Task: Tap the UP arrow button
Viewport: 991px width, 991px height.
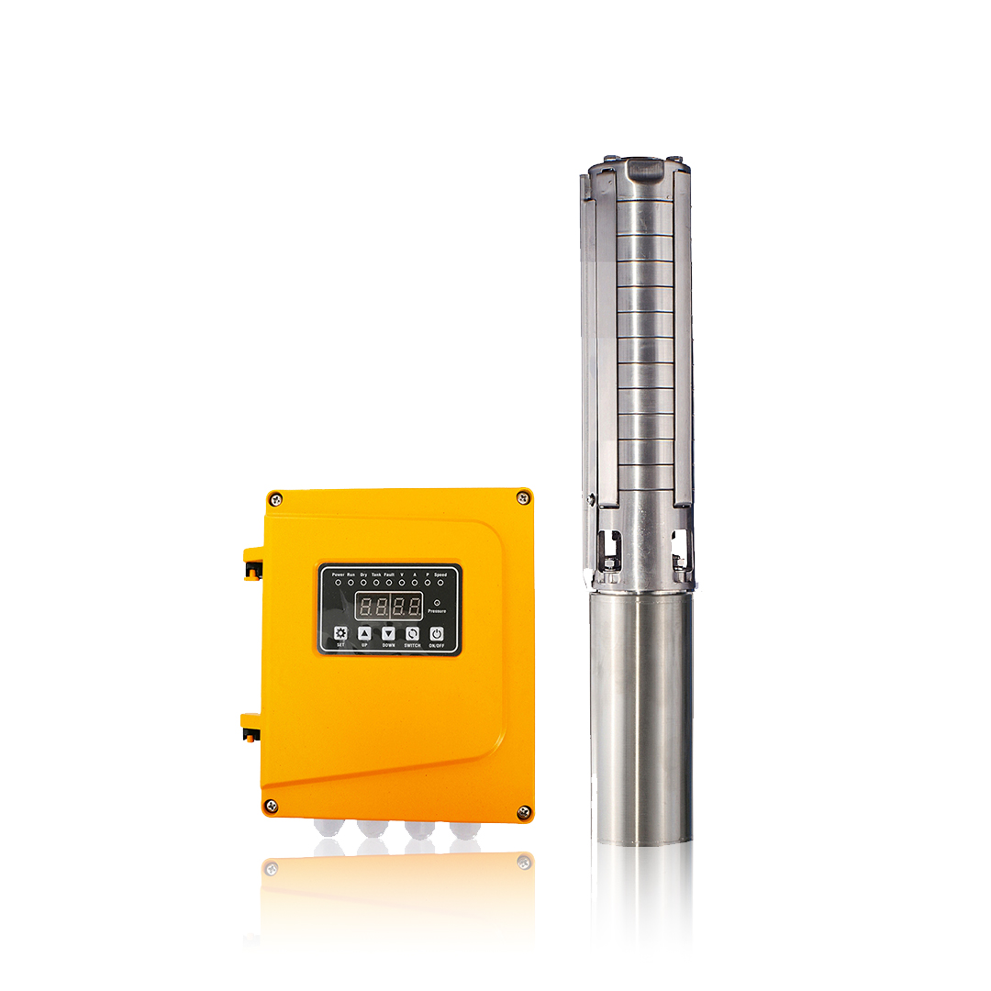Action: coord(364,633)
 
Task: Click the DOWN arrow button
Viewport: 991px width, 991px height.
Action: coord(389,633)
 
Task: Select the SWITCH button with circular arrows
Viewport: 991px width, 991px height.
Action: coord(413,633)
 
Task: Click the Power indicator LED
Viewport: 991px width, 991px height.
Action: coord(338,583)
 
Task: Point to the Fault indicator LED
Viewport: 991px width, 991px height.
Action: coord(389,583)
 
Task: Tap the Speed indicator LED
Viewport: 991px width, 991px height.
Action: coord(440,583)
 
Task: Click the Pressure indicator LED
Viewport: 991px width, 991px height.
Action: coord(437,603)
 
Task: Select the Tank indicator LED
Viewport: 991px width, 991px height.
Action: coord(376,583)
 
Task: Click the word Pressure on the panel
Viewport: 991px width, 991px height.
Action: coord(437,611)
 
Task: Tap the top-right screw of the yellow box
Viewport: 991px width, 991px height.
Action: coord(522,497)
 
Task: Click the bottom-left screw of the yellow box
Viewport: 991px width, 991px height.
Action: coord(272,806)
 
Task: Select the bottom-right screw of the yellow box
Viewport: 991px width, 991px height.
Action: coord(523,811)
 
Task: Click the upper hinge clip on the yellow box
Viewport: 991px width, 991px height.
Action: coord(251,564)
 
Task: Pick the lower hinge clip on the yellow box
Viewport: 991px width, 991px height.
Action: coord(250,727)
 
